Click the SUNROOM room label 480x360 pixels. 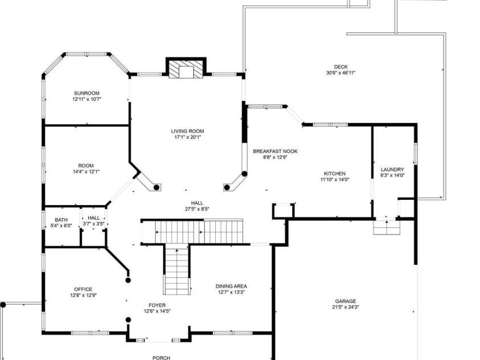[x=87, y=93]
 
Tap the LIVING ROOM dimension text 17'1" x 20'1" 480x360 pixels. [x=187, y=137]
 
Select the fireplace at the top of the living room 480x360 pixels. [x=186, y=69]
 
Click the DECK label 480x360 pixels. [x=340, y=67]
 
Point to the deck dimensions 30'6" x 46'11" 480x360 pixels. [x=341, y=73]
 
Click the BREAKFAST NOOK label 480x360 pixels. [x=275, y=151]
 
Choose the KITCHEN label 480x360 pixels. [x=335, y=174]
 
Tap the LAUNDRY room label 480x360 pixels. [x=392, y=169]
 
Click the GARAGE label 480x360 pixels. [x=346, y=301]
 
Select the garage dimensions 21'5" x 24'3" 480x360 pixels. [x=346, y=307]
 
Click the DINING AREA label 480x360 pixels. [x=231, y=286]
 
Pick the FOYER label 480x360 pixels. [x=157, y=305]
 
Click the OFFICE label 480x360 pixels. [x=83, y=289]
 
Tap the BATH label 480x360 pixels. [x=61, y=219]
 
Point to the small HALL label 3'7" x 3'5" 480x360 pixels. [x=94, y=218]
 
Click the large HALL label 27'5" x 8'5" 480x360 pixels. [x=197, y=203]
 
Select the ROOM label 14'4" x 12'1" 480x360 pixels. [x=86, y=166]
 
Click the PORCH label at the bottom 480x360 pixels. [x=161, y=357]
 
